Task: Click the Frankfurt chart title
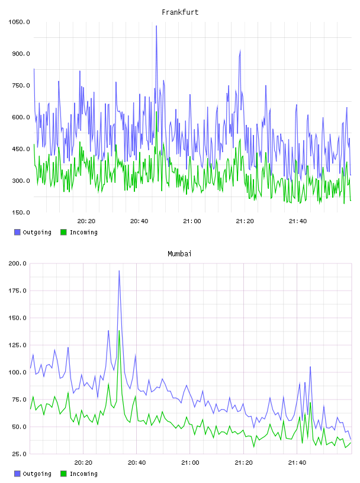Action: (180, 12)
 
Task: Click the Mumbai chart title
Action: (179, 254)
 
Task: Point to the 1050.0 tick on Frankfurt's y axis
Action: (19, 22)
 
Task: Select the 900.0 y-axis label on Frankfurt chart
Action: (21, 54)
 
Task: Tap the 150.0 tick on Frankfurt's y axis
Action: (21, 212)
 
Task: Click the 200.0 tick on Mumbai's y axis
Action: (18, 263)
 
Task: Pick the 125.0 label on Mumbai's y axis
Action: (18, 345)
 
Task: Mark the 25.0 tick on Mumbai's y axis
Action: (19, 454)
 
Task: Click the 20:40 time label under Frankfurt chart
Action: (139, 221)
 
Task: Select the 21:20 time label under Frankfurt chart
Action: (245, 221)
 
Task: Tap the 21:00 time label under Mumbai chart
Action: (190, 462)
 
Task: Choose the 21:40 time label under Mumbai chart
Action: (297, 462)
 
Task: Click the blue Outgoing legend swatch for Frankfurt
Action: (17, 232)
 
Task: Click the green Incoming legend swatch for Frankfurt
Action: (63, 232)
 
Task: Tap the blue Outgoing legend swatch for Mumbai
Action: (17, 474)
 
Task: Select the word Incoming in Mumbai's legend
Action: (83, 474)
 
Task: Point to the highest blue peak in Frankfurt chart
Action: (156, 26)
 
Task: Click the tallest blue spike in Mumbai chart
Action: (119, 271)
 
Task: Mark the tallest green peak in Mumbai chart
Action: (119, 331)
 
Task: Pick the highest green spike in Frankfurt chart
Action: (156, 112)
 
